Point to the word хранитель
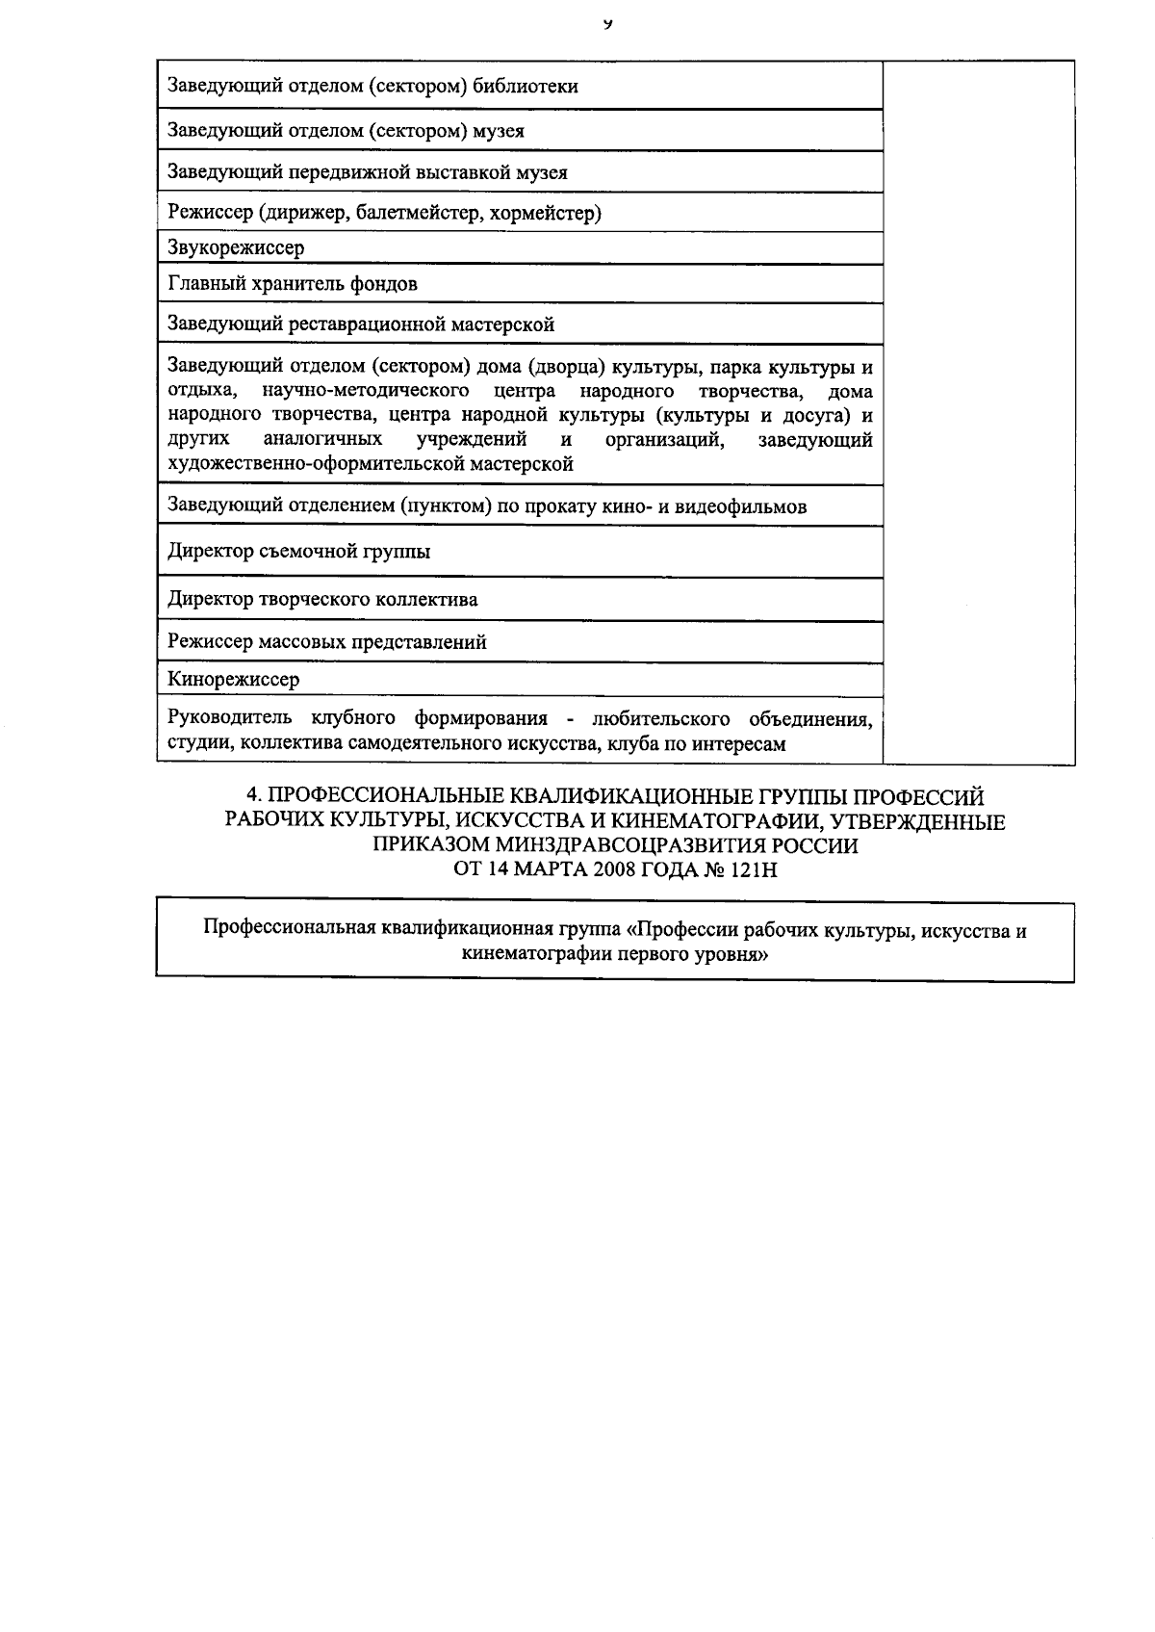278,285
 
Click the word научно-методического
366,391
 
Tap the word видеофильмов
740,507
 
